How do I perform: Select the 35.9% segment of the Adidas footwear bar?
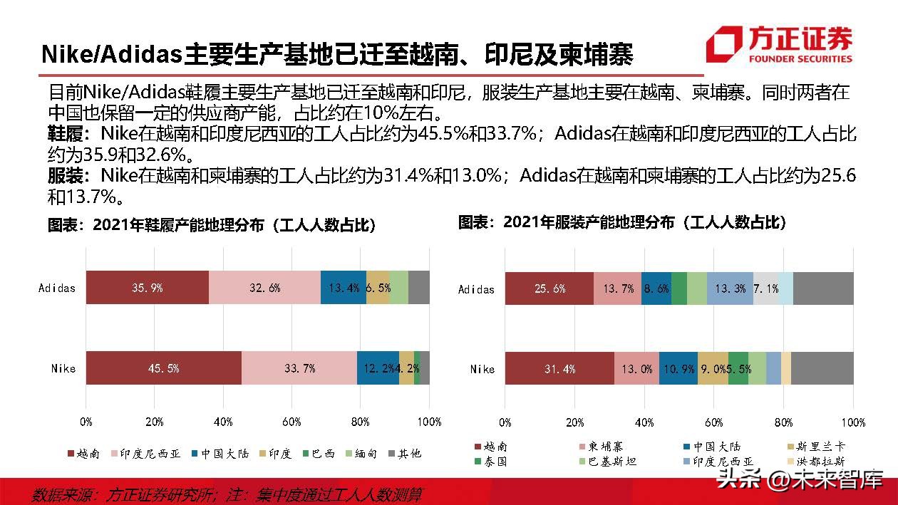(x=148, y=288)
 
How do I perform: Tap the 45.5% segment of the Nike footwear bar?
(x=163, y=368)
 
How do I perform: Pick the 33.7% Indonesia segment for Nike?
(x=299, y=368)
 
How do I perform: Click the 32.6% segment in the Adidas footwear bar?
(x=264, y=288)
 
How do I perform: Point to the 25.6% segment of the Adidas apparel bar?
(x=549, y=288)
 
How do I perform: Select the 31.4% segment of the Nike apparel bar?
(x=559, y=369)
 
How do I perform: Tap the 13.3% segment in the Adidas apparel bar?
(x=730, y=288)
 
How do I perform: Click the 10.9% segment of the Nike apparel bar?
(x=678, y=369)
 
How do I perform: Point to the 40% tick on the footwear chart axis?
(x=223, y=422)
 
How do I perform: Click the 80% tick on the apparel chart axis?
(x=784, y=422)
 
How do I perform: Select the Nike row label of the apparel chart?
(x=482, y=369)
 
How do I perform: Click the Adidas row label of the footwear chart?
(x=57, y=288)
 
